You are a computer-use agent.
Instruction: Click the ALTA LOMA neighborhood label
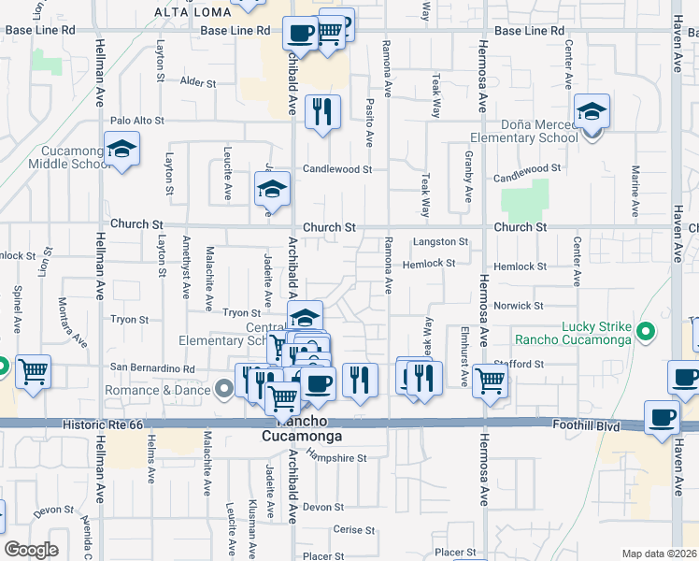pyautogui.click(x=192, y=12)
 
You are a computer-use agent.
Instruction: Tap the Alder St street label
pyautogui.click(x=198, y=83)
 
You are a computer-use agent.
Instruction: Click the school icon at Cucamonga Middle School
pyautogui.click(x=121, y=150)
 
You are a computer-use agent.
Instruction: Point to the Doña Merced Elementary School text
pyautogui.click(x=524, y=131)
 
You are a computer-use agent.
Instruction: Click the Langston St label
pyautogui.click(x=439, y=242)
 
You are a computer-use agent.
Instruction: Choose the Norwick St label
pyautogui.click(x=519, y=306)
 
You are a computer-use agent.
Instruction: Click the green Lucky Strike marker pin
pyautogui.click(x=643, y=331)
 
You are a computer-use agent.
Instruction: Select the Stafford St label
pyautogui.click(x=521, y=364)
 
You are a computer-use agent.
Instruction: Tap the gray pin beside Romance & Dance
pyautogui.click(x=223, y=388)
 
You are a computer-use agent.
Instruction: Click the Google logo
pyautogui.click(x=32, y=550)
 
